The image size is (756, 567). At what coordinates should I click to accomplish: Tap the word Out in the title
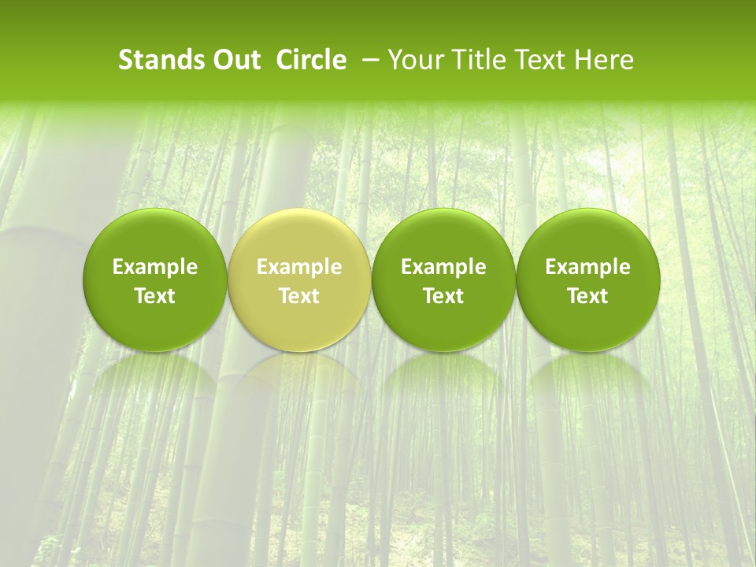(x=234, y=60)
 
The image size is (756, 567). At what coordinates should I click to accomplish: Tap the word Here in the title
(x=604, y=60)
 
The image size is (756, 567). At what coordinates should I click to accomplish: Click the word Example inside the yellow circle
(x=299, y=268)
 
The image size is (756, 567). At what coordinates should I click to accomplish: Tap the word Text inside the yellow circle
(x=299, y=296)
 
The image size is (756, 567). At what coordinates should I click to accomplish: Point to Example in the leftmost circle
(x=154, y=268)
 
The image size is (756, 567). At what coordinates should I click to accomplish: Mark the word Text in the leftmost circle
(x=154, y=296)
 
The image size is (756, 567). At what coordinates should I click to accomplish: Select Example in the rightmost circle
(x=587, y=268)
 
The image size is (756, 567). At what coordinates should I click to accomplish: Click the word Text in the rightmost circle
(x=587, y=296)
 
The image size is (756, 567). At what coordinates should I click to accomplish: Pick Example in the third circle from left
(x=443, y=268)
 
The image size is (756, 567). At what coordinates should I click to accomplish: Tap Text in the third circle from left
(x=443, y=296)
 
